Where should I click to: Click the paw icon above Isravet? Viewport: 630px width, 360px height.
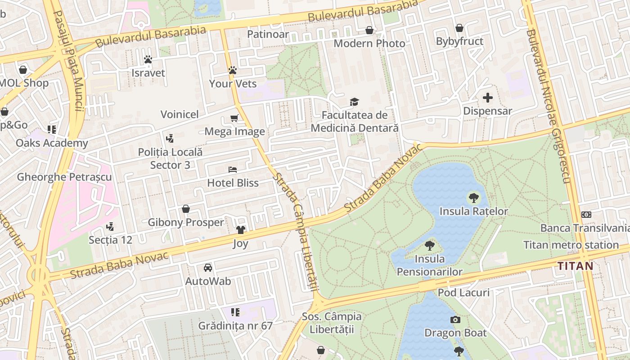coord(148,59)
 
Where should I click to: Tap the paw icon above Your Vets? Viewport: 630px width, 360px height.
coord(233,70)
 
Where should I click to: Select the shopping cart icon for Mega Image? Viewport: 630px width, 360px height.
coord(234,118)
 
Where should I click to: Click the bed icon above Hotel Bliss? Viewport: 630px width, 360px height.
coord(233,170)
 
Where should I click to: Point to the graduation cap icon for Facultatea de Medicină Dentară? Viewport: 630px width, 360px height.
coord(355,102)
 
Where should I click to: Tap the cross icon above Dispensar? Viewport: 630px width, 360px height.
coord(488,97)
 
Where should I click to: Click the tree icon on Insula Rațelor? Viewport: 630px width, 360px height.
coord(473,197)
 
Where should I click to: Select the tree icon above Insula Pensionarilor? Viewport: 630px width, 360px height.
coord(430,245)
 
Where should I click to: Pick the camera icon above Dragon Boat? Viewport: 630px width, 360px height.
coord(455,319)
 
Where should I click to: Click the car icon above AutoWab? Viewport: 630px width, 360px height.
coord(208,268)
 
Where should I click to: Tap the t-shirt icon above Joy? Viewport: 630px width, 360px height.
coord(241,230)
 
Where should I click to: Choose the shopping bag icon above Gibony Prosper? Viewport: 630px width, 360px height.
coord(186,209)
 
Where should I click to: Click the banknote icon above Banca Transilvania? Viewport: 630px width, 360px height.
coord(586,215)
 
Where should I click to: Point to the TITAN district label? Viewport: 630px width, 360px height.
coord(576,266)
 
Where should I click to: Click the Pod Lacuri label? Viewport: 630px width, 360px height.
coord(463,293)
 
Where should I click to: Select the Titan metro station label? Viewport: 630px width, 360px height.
coord(571,245)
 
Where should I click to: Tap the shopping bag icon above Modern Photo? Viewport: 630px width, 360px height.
coord(369,30)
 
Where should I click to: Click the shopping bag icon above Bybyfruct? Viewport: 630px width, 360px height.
coord(459,28)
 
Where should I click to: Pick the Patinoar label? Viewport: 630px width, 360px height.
coord(268,34)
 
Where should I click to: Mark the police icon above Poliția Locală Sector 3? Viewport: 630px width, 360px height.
coord(170,139)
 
